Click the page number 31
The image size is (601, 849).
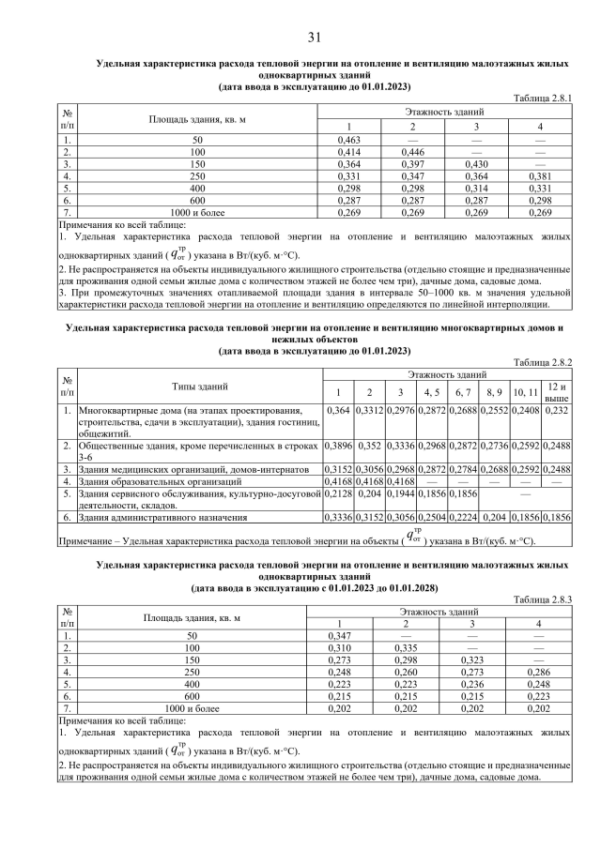click(314, 38)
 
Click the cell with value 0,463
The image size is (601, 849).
click(348, 139)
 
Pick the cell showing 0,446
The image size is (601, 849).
click(412, 151)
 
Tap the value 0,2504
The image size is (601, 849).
click(432, 517)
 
